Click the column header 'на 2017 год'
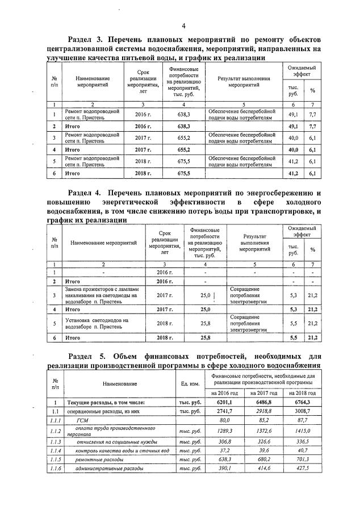(x=262, y=392)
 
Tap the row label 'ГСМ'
(x=83, y=420)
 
